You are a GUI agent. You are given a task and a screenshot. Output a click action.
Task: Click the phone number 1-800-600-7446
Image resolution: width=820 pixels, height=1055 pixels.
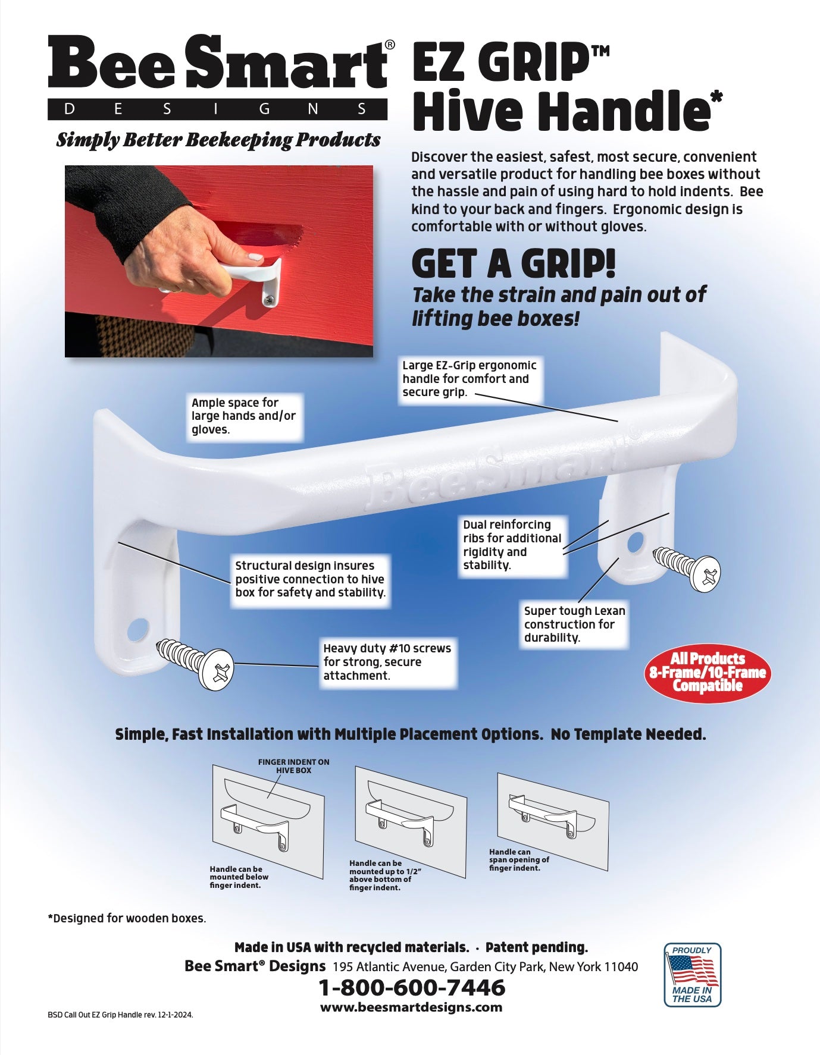[x=412, y=988]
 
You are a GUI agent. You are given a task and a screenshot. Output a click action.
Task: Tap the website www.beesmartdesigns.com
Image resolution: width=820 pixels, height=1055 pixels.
[x=411, y=1007]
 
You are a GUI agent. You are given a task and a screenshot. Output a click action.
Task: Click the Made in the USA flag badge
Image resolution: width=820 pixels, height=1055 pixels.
[x=692, y=975]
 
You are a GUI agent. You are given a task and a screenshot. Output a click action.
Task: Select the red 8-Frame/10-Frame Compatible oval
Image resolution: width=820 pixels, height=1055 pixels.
[x=708, y=673]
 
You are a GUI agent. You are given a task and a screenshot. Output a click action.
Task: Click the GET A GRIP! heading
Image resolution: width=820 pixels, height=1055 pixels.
[x=514, y=264]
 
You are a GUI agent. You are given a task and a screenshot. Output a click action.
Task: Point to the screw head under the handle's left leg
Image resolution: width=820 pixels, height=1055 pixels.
[x=217, y=668]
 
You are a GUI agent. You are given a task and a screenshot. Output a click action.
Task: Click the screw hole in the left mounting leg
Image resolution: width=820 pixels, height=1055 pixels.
[x=138, y=629]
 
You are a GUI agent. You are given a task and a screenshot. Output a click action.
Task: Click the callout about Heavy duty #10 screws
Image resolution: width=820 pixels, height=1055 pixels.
[x=387, y=662]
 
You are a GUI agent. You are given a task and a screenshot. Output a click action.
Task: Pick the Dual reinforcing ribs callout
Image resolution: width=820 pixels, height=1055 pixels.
[x=512, y=545]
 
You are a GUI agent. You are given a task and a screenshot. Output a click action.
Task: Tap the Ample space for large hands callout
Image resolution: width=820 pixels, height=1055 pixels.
[x=244, y=416]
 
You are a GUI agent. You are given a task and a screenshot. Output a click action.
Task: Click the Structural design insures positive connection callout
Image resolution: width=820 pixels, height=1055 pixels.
[x=310, y=579]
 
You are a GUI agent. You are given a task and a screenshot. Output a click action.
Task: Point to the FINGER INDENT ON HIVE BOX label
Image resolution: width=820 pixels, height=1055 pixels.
[x=293, y=766]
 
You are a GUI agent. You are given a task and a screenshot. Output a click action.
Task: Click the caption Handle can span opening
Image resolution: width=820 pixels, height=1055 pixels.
[x=519, y=860]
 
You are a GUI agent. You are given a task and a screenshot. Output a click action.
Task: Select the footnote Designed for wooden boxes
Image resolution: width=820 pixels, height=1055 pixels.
[x=127, y=918]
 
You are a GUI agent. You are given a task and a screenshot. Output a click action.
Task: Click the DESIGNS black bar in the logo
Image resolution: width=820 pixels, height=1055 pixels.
[x=217, y=109]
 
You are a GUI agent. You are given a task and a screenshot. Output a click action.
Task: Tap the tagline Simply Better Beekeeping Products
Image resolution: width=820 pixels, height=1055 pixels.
[x=218, y=140]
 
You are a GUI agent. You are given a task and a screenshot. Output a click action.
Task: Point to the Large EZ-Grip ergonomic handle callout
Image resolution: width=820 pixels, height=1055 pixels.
[x=470, y=379]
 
